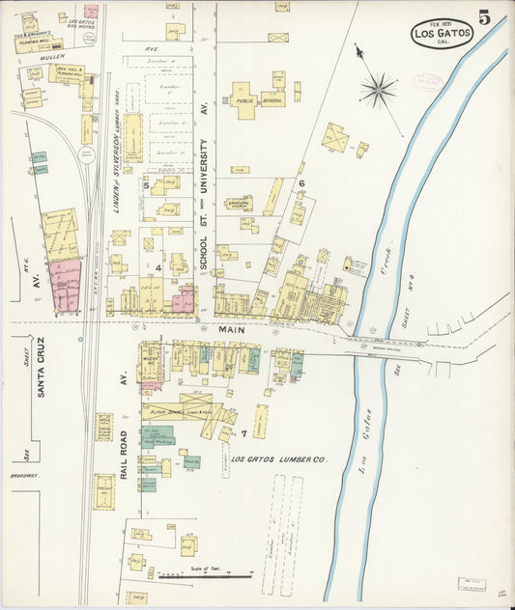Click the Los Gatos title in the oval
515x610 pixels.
coord(443,34)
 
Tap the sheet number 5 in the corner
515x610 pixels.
coord(483,17)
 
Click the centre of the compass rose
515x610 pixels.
coord(378,91)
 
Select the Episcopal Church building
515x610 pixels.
coord(239,204)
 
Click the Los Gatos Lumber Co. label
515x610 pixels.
coord(279,459)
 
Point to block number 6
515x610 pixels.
coord(300,182)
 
